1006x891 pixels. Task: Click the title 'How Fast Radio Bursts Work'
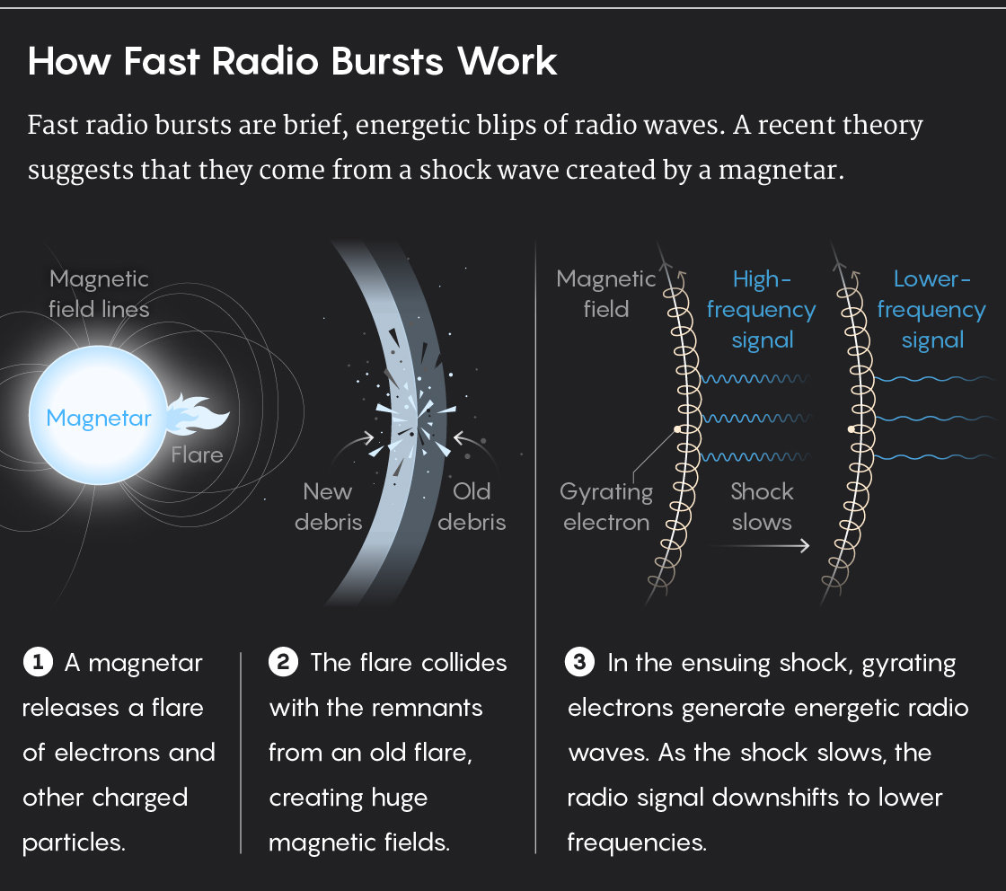pyautogui.click(x=293, y=62)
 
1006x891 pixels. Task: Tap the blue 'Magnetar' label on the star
pyautogui.click(x=99, y=418)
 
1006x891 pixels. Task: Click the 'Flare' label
pyautogui.click(x=197, y=454)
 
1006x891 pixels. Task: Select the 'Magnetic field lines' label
pyautogui.click(x=99, y=294)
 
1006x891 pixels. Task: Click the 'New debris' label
pyautogui.click(x=328, y=507)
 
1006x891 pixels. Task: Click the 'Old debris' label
pyautogui.click(x=472, y=507)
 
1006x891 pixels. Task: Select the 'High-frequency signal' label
pyautogui.click(x=761, y=309)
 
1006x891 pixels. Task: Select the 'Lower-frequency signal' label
pyautogui.click(x=931, y=309)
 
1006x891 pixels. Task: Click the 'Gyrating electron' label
pyautogui.click(x=606, y=507)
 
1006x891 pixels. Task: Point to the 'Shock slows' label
pyautogui.click(x=762, y=507)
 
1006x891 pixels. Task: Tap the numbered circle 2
pyautogui.click(x=283, y=664)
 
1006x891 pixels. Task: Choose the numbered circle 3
pyautogui.click(x=580, y=664)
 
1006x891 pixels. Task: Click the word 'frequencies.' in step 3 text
pyautogui.click(x=636, y=842)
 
